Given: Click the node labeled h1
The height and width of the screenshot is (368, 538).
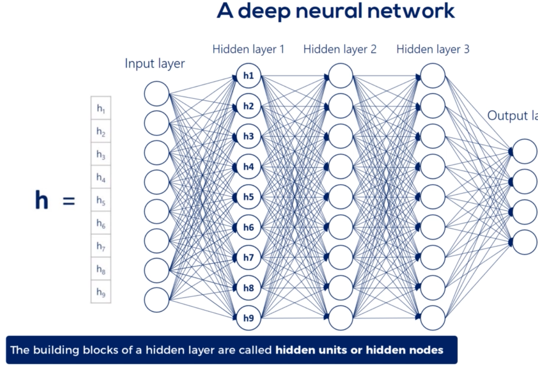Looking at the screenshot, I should click(x=249, y=76).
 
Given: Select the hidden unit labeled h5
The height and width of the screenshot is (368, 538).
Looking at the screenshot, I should click(x=249, y=197).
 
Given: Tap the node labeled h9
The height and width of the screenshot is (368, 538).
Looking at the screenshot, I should click(x=249, y=318).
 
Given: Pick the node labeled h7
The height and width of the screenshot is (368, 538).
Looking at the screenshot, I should click(x=249, y=257).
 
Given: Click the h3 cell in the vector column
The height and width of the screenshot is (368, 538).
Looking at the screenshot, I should click(x=101, y=155).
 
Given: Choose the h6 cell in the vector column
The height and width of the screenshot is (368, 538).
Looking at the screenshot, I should click(x=101, y=223).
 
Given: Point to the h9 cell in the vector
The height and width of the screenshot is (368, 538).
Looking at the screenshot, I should click(x=101, y=292).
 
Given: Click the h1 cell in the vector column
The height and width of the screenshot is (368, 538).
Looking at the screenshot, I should click(x=101, y=109).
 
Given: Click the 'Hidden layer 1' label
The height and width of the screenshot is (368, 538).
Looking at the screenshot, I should click(x=248, y=49).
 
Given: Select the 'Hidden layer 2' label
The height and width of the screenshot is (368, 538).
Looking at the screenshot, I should click(x=340, y=49).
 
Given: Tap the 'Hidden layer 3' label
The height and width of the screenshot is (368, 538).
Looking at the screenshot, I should click(x=433, y=49).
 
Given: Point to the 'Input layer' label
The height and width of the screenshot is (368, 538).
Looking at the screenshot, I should click(x=155, y=64).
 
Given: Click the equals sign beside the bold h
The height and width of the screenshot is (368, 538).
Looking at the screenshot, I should click(x=69, y=201).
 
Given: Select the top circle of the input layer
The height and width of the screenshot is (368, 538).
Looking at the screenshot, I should click(x=156, y=94).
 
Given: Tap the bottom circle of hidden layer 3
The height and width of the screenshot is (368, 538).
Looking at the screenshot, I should click(x=433, y=318).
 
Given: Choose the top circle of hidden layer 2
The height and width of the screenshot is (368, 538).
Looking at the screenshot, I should click(x=340, y=76).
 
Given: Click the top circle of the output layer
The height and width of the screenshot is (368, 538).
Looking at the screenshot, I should click(x=525, y=151).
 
